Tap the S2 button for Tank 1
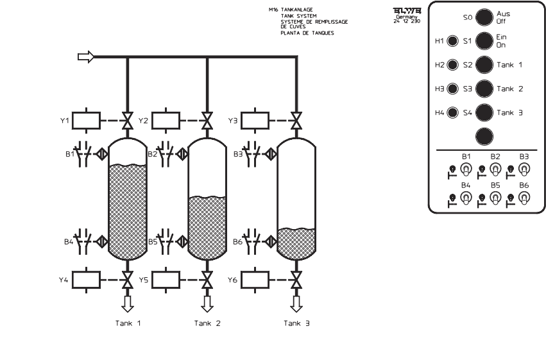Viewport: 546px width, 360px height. pos(484,65)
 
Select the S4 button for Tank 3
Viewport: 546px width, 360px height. pos(484,112)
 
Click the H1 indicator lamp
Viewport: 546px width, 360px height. pos(452,42)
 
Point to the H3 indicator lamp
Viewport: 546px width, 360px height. pos(452,89)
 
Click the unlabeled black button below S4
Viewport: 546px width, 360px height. pos(484,135)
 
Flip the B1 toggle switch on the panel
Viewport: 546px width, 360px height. pos(466,169)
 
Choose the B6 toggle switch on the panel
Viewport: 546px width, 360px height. pos(524,198)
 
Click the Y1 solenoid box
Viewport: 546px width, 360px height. pos(86,121)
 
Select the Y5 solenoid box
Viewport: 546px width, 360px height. pos(165,280)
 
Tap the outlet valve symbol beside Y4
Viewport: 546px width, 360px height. pos(128,280)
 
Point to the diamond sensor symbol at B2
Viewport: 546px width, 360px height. pos(183,155)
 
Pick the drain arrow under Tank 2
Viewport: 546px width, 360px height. pos(207,302)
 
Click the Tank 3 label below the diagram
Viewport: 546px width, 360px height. pos(296,323)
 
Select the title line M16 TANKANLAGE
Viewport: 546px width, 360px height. pos(296,10)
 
